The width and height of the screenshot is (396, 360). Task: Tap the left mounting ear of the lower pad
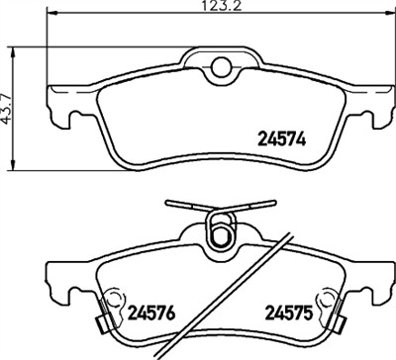pos(61,281)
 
